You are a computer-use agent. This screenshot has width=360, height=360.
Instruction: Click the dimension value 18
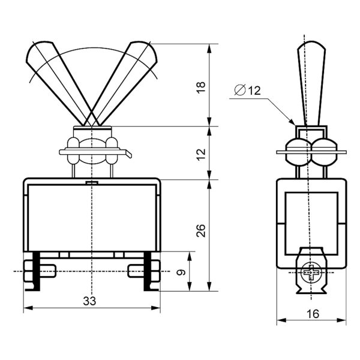pyautogui.click(x=201, y=87)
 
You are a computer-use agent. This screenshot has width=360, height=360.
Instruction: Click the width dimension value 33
pyautogui.click(x=89, y=301)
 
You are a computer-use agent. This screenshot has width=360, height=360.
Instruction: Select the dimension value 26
pyautogui.click(x=201, y=230)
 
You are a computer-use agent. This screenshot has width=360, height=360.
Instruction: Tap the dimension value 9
pyautogui.click(x=181, y=272)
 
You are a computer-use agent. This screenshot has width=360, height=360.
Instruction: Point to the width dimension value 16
pyautogui.click(x=313, y=314)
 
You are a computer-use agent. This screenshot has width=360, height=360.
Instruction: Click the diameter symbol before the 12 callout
pyautogui.click(x=240, y=90)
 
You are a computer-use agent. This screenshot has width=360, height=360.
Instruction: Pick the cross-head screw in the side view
pyautogui.click(x=311, y=272)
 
